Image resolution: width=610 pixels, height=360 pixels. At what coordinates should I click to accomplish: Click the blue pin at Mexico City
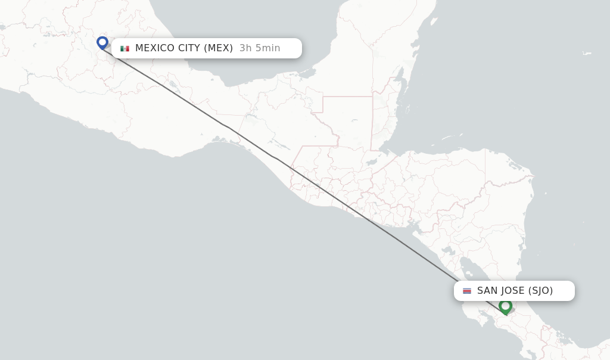click(x=102, y=43)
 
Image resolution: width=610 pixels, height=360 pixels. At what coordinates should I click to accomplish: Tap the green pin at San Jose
click(x=506, y=306)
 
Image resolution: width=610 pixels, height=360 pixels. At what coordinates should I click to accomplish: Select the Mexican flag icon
click(x=125, y=48)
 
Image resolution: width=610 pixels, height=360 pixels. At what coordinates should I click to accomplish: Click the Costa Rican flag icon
click(x=467, y=291)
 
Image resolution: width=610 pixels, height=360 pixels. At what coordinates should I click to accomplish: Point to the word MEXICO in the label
click(x=155, y=48)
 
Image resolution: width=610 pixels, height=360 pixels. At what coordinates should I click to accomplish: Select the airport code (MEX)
click(x=219, y=48)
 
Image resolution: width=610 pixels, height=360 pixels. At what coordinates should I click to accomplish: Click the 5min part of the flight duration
click(x=267, y=48)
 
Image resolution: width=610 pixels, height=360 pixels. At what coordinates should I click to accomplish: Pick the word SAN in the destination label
click(x=488, y=291)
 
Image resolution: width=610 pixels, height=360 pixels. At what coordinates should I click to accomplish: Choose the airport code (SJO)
click(x=541, y=291)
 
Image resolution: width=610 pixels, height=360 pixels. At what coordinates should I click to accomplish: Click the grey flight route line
click(x=250, y=141)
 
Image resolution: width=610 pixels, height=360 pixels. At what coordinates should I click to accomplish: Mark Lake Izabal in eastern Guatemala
click(x=373, y=161)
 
